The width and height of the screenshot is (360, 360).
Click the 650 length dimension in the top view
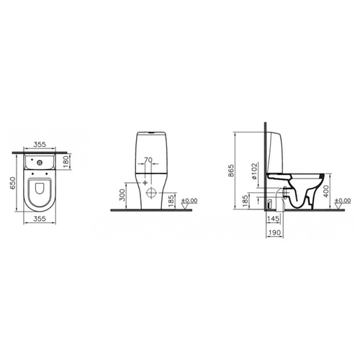coord(12,183)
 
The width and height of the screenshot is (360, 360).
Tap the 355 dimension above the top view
coord(40,145)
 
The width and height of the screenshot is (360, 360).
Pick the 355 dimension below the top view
coord(40,219)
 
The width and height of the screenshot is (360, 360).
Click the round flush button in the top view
coord(39,163)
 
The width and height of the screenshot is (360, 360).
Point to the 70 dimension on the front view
coord(148,160)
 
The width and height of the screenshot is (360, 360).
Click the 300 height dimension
coord(122,195)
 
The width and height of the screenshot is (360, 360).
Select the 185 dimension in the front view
coord(170,201)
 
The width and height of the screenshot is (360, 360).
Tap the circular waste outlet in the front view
coord(151,192)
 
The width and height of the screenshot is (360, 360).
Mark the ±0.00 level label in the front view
coord(189,201)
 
